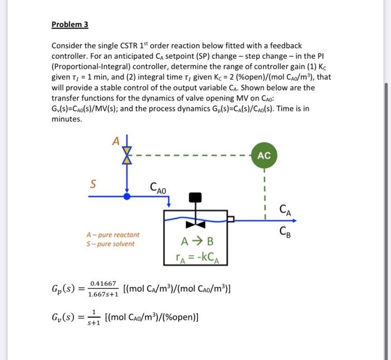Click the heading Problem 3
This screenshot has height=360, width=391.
tap(70, 25)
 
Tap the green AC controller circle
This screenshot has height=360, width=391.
tap(264, 156)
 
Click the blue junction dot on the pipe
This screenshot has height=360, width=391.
tap(127, 197)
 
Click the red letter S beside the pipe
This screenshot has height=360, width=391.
tap(93, 182)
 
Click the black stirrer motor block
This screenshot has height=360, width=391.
tap(195, 197)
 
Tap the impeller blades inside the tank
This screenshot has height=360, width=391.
tap(195, 225)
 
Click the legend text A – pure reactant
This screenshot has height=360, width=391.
tap(113, 235)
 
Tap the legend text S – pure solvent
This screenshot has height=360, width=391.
tap(110, 244)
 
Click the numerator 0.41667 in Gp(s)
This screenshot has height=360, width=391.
tap(103, 284)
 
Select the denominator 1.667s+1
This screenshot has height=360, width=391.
tap(103, 294)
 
